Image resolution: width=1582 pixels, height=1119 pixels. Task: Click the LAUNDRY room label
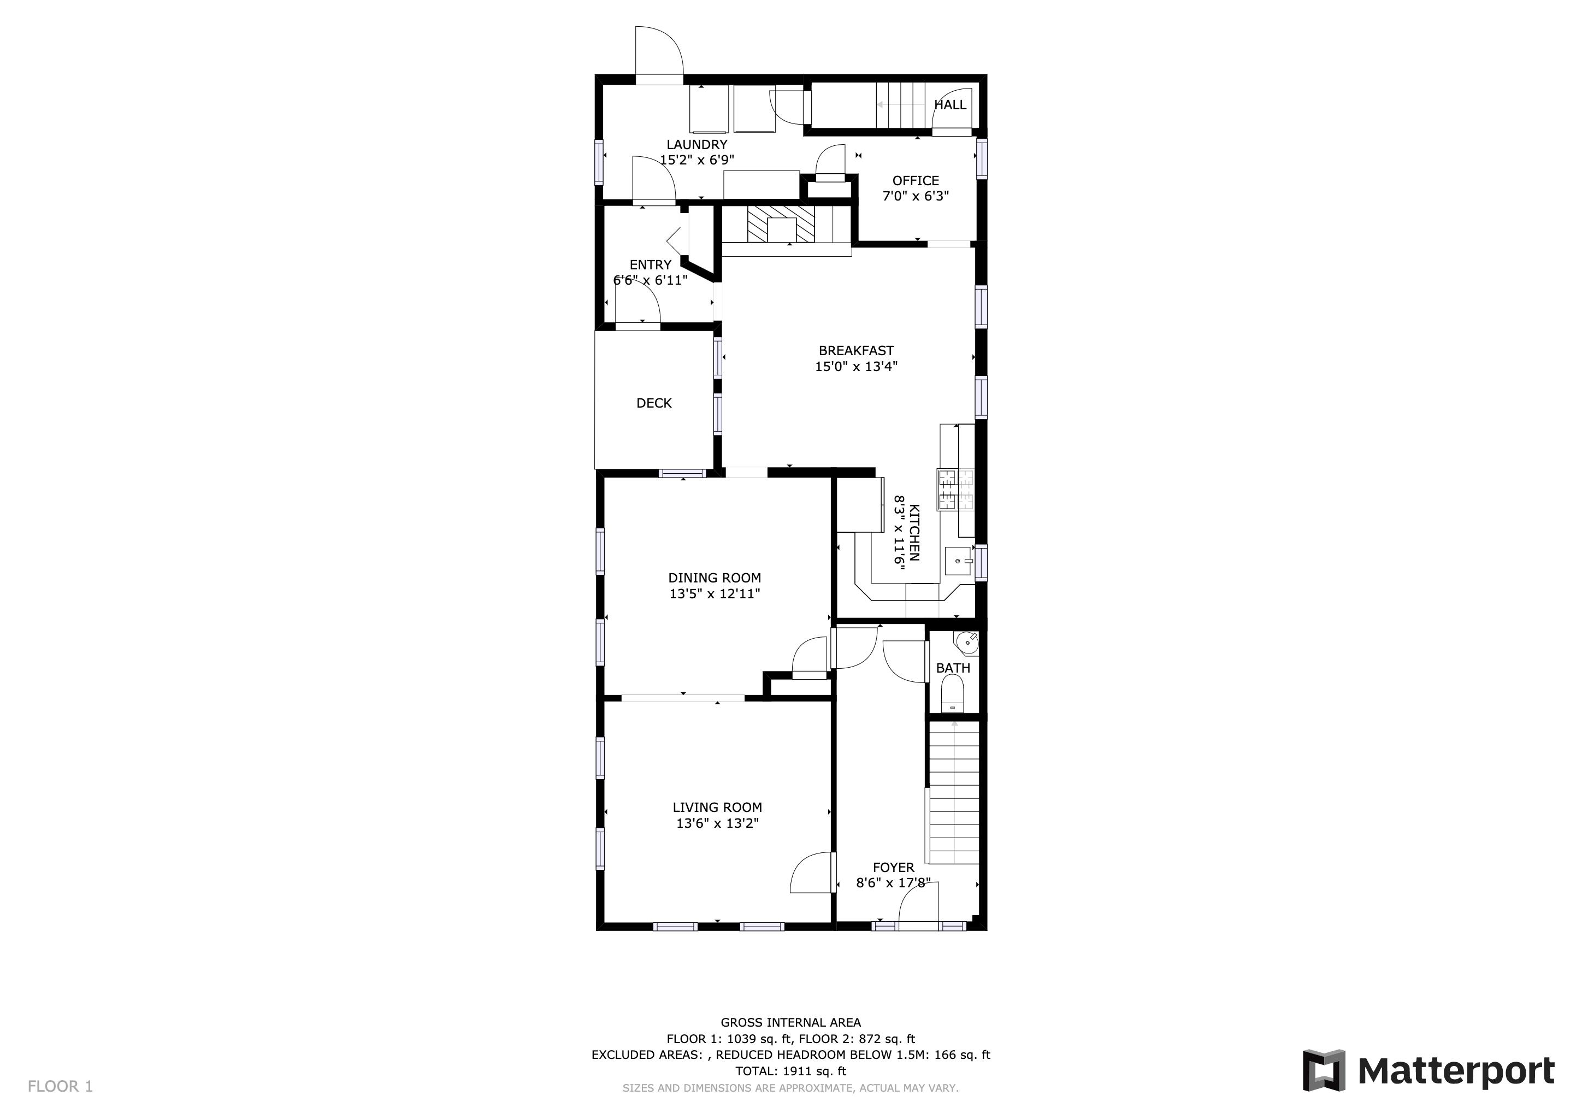[696, 145]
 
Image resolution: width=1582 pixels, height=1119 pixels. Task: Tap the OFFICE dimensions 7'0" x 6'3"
[916, 196]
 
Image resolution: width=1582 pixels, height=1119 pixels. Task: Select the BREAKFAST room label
[857, 351]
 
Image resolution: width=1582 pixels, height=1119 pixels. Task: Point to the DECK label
[654, 403]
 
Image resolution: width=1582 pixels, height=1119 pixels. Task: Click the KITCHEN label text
[914, 533]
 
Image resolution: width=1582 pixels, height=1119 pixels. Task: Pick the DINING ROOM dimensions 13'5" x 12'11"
[715, 593]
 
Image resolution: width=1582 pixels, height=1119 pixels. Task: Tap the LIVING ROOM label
[717, 807]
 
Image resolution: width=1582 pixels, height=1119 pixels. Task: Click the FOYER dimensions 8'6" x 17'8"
[894, 882]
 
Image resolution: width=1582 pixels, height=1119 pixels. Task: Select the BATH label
[953, 668]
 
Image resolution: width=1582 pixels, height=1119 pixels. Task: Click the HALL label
[950, 105]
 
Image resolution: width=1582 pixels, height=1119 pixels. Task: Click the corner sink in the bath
[967, 642]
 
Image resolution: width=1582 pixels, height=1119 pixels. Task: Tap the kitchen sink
[959, 561]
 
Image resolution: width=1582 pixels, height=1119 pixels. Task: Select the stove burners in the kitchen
[955, 489]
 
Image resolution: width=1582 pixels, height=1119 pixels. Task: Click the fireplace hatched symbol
[781, 223]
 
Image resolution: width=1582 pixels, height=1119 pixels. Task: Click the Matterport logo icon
[1323, 1070]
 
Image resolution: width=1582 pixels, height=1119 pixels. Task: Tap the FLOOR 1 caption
[60, 1087]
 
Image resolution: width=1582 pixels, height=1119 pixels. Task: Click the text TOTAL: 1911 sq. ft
[790, 1071]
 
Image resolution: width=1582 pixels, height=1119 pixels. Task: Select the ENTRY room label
[651, 264]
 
